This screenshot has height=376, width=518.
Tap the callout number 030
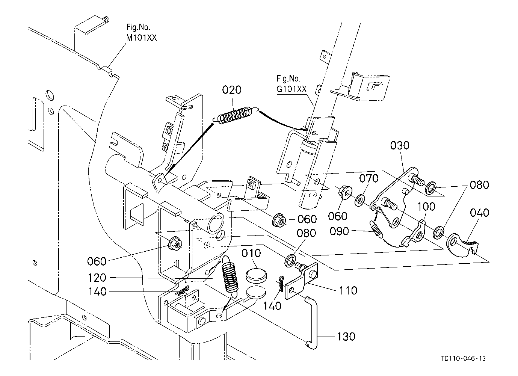pos(400,145)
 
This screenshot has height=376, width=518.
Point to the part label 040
pos(479,213)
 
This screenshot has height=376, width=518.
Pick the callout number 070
pos(369,178)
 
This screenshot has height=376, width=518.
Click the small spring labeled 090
pos(377,230)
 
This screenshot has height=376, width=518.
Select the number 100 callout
pos(426,207)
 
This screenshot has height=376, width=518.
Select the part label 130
pos(345,336)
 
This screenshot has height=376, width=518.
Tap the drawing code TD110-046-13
pos(464,359)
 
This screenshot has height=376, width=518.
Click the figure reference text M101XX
pos(141,38)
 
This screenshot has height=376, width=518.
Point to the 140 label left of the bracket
pos(98,292)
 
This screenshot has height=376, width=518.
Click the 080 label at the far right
pos(479,185)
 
